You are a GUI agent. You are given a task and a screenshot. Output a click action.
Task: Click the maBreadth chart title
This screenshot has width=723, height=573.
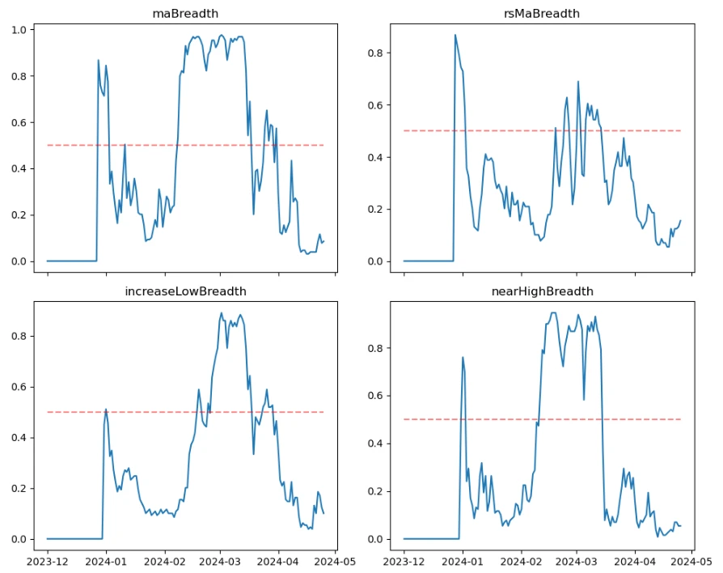[x=185, y=14]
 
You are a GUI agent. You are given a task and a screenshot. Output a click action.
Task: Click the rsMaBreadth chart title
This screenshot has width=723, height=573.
[x=541, y=14]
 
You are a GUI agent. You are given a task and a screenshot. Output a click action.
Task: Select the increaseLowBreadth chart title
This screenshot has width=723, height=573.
[x=185, y=291]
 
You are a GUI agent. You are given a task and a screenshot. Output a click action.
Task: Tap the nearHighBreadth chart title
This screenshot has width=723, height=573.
[x=541, y=291]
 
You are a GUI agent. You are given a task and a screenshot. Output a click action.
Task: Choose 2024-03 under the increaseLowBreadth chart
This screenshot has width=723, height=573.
[x=220, y=560]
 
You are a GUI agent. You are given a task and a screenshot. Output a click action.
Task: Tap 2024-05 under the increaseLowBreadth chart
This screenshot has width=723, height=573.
[x=336, y=560]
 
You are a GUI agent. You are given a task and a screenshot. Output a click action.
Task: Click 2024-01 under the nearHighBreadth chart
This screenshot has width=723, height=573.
[x=463, y=560]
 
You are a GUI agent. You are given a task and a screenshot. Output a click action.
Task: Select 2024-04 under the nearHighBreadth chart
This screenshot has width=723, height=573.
[x=634, y=560]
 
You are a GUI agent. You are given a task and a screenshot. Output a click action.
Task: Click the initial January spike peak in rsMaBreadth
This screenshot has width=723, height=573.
[x=455, y=35]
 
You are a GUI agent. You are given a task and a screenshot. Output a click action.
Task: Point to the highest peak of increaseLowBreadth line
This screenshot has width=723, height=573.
[x=222, y=313]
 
